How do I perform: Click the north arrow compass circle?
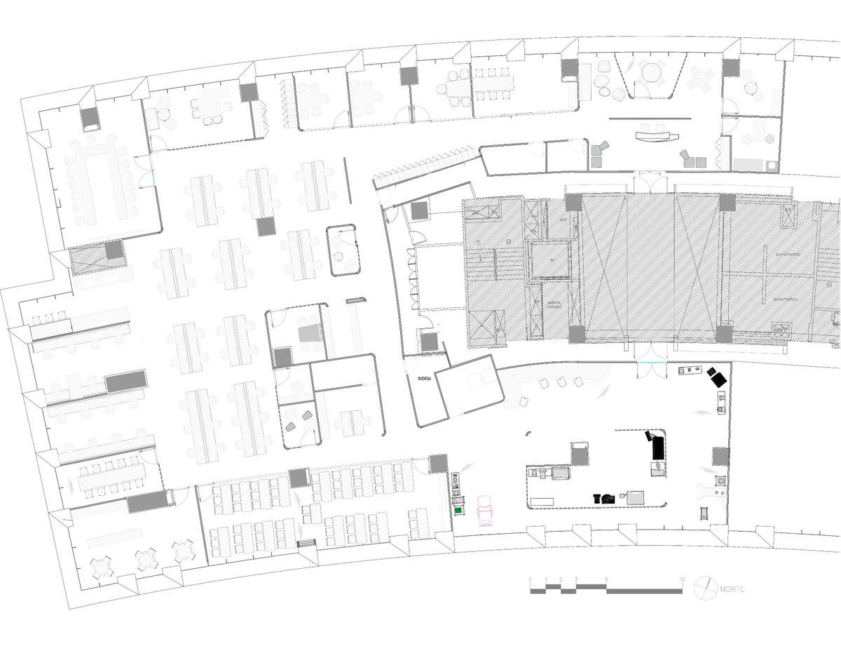(x=706, y=587)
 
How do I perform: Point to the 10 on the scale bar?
(x=682, y=579)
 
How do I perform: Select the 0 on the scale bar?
(x=531, y=579)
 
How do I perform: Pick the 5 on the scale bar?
(x=606, y=579)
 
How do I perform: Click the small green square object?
(x=459, y=511)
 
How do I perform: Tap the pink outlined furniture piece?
(x=486, y=509)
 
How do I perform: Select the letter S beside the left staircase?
(x=479, y=243)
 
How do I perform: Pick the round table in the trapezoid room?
(x=653, y=73)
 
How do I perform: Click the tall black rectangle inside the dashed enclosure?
(x=658, y=447)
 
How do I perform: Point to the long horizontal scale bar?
(x=606, y=590)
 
